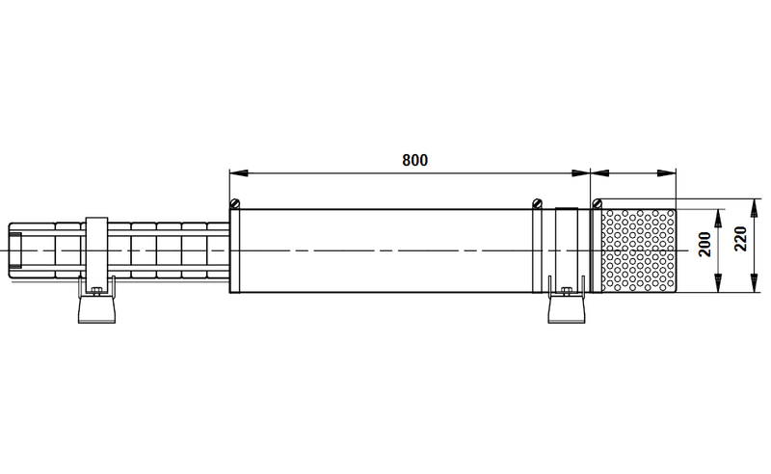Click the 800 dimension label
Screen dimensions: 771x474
(x=415, y=160)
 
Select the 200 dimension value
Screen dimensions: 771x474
(x=705, y=244)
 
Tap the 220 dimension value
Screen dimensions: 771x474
(x=740, y=239)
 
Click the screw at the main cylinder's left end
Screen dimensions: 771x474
(x=235, y=203)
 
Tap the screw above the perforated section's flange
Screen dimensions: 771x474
(x=597, y=203)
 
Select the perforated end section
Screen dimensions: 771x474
(x=639, y=250)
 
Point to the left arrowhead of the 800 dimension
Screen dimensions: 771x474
(x=239, y=173)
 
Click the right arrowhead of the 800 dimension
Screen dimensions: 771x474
(x=580, y=173)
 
